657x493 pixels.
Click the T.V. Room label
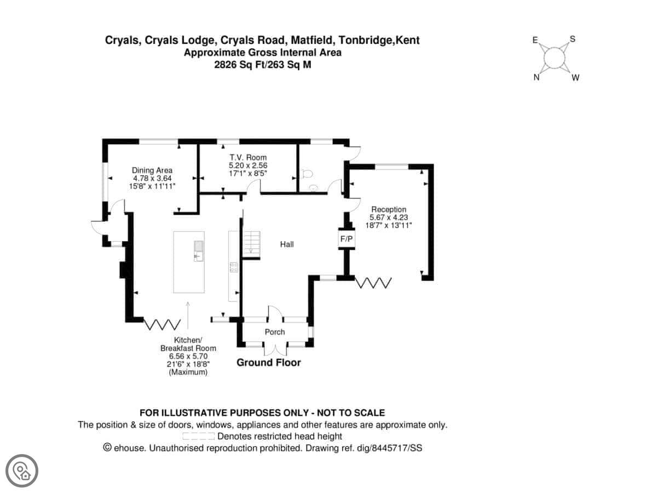(248, 158)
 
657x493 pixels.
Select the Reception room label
(389, 209)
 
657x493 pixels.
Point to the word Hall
(287, 244)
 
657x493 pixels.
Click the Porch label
(275, 332)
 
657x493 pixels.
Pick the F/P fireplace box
(347, 239)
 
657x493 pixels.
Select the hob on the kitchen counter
(234, 267)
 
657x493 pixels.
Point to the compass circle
(555, 58)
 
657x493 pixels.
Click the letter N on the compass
(537, 78)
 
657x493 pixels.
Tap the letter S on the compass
(573, 39)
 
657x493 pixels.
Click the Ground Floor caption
(268, 363)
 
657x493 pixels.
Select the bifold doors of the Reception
(374, 283)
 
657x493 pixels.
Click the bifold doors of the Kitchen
(162, 324)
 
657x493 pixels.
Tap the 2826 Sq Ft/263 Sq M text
(262, 64)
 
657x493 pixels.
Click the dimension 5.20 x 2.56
(248, 165)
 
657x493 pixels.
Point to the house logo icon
(22, 471)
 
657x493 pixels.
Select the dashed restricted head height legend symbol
(198, 437)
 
